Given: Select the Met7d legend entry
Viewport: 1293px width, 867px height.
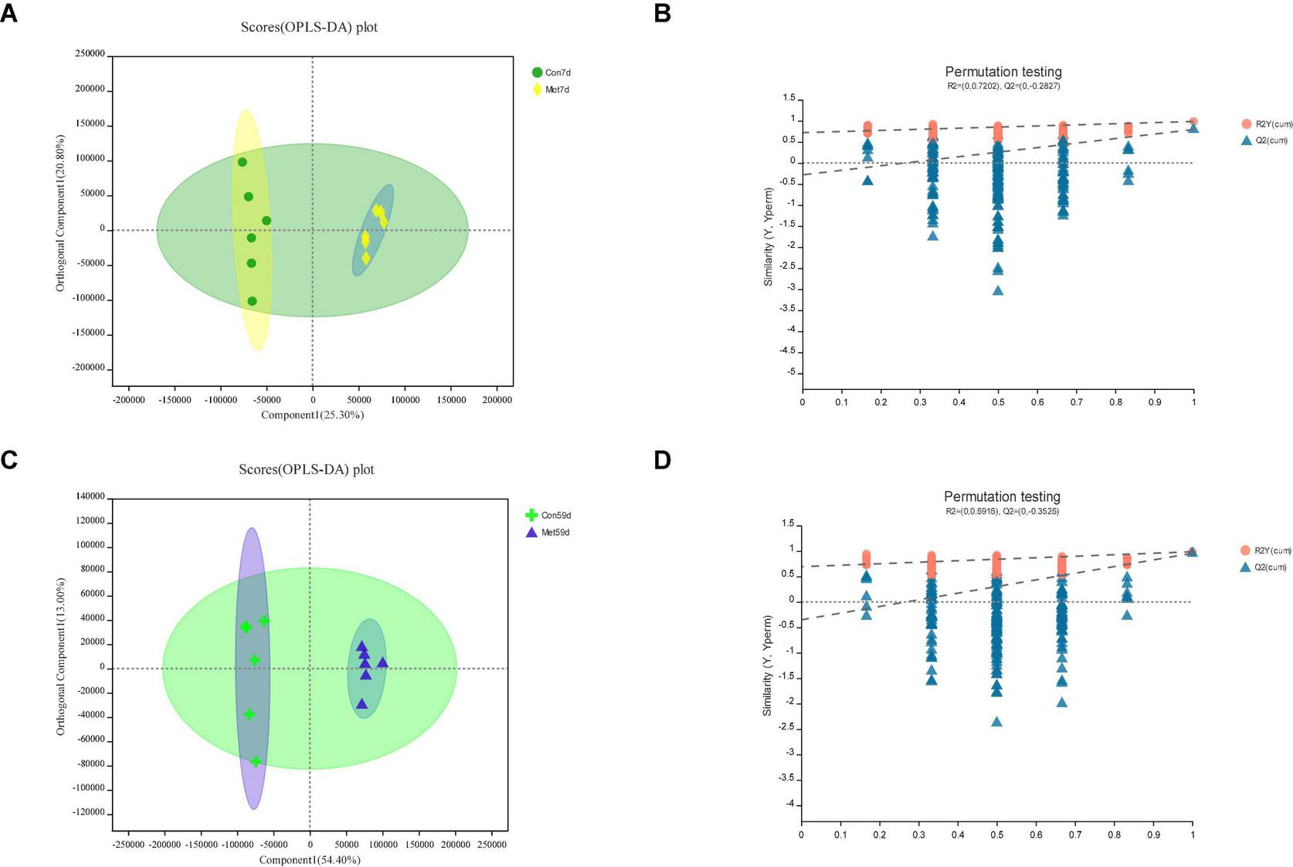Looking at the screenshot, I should [551, 90].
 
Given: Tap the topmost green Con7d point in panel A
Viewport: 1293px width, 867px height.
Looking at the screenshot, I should [243, 162].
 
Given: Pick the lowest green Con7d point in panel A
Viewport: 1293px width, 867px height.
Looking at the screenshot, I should [252, 301].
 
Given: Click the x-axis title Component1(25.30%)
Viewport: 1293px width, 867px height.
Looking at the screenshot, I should [312, 415].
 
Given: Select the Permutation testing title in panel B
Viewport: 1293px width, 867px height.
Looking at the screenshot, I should [1003, 72].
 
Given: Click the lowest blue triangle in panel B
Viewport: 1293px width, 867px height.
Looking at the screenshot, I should [998, 290].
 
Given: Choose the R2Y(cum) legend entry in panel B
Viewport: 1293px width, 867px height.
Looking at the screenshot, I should [1267, 124].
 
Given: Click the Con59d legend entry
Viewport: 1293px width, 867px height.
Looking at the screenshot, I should [549, 515].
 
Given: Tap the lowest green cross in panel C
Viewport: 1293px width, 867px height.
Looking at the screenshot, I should [256, 761].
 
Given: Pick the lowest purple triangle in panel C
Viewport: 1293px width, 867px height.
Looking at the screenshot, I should [361, 703].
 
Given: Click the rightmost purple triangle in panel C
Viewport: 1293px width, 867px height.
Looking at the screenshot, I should [382, 662].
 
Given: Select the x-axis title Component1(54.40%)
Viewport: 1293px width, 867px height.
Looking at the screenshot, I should [310, 859].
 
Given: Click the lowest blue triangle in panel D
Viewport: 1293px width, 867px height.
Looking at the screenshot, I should [996, 721].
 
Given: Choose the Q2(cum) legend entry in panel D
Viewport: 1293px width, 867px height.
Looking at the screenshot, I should [1265, 567].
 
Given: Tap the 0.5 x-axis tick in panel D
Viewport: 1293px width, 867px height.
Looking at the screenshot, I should [996, 835].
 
